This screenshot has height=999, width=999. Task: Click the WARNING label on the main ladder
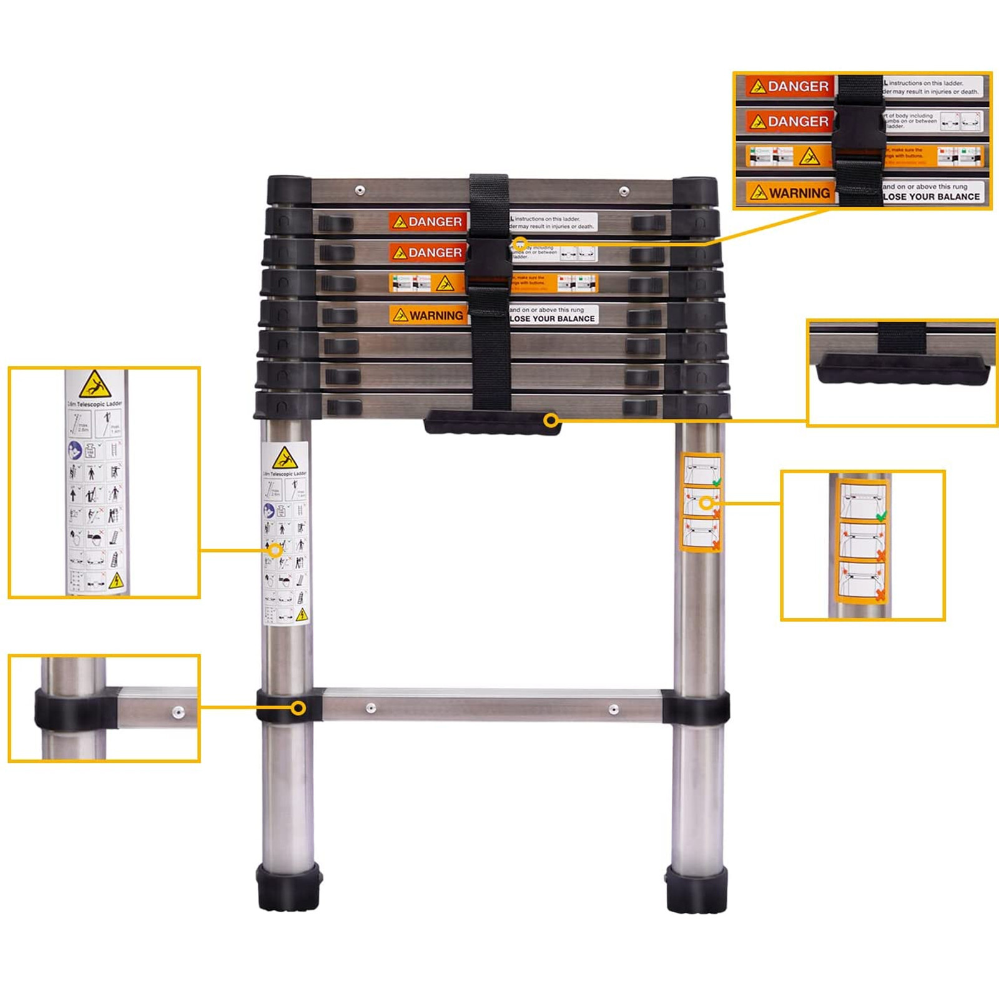(428, 315)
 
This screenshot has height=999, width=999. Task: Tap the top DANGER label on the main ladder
(428, 222)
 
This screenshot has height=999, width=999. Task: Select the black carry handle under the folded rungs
(492, 423)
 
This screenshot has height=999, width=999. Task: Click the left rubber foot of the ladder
(289, 886)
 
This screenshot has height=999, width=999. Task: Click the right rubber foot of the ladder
(697, 888)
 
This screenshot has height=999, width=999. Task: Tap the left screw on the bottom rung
(371, 708)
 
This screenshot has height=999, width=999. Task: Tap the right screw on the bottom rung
(614, 709)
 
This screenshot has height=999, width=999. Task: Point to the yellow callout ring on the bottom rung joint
(298, 708)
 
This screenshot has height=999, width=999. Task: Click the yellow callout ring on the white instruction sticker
(275, 550)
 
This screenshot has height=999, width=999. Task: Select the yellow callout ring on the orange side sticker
(706, 503)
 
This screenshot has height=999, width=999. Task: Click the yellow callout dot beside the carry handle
(550, 420)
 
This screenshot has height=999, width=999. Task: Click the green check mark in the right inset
(881, 517)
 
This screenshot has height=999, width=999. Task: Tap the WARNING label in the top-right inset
(790, 193)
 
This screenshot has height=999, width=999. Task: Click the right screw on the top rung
(624, 190)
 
